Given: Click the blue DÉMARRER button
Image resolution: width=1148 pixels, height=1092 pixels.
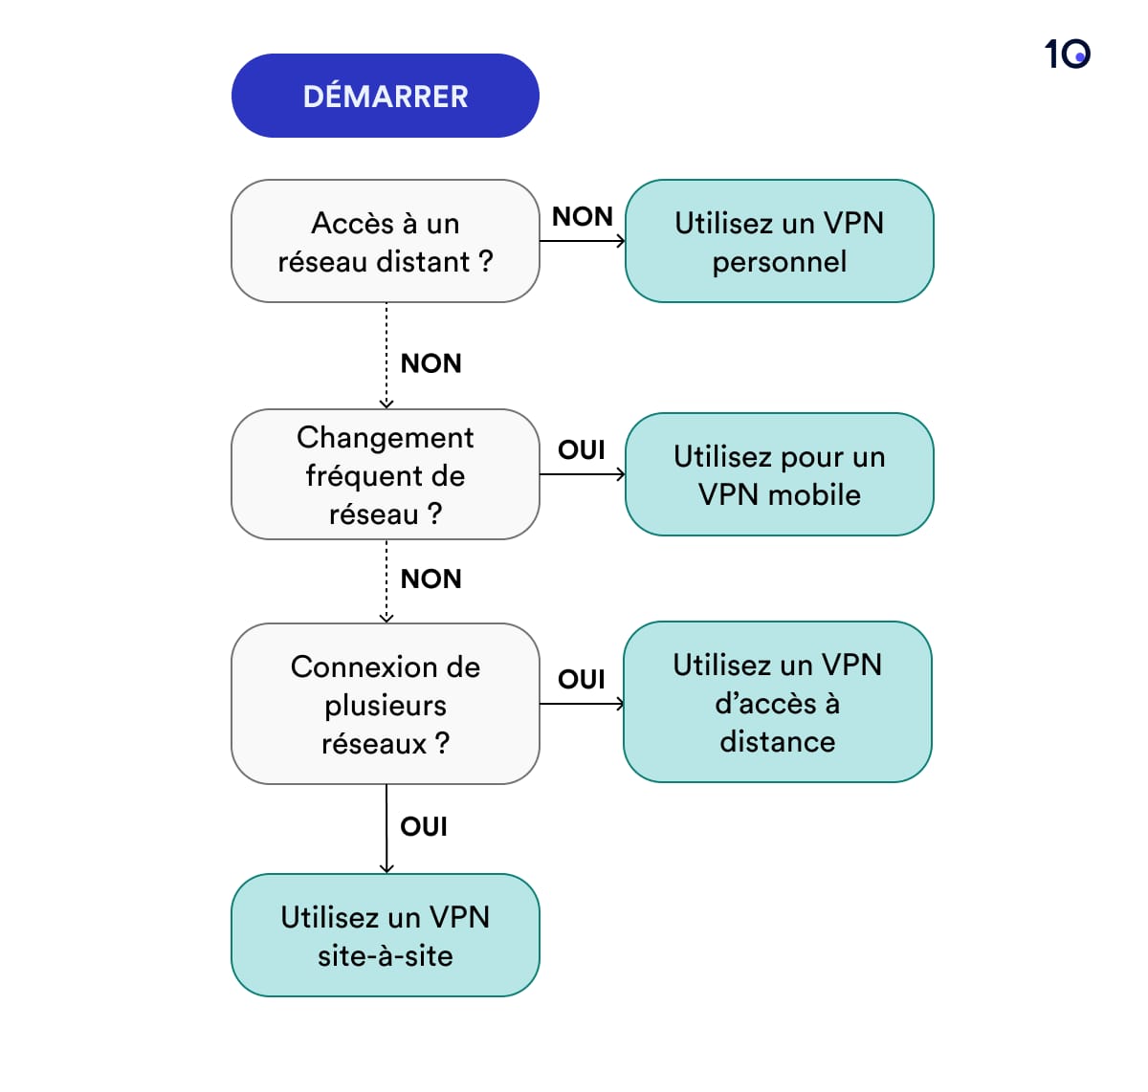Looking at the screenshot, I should pos(385,96).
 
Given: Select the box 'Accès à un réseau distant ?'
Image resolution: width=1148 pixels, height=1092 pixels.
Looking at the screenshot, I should pos(385,241).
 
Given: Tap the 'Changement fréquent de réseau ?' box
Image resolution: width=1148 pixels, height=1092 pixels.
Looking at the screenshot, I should pos(385,474).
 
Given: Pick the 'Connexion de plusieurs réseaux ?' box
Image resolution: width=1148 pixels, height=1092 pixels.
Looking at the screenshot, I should pos(385,704).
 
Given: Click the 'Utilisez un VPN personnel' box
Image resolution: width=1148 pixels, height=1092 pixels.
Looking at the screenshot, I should pos(779,241).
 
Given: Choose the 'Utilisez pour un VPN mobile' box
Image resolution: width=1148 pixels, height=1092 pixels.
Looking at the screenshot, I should pos(779,474).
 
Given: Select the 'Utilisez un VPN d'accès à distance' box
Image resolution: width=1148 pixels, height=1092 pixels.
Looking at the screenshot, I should pos(777,702).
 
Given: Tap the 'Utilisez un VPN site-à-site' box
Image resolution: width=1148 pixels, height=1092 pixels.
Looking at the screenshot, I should pos(385,935).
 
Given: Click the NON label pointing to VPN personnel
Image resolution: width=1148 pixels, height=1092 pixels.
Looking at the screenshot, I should pos(582,217).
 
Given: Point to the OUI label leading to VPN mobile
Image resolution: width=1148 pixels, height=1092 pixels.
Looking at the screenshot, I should pos(582,449).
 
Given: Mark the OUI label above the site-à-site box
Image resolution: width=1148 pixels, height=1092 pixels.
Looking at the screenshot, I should pos(424,826).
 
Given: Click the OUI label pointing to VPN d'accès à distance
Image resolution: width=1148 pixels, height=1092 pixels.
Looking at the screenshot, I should pos(582,679).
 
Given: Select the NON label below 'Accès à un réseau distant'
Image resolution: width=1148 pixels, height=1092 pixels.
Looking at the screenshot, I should pos(430,363).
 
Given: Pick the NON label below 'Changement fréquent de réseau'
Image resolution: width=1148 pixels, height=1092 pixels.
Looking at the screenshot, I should pos(430,579).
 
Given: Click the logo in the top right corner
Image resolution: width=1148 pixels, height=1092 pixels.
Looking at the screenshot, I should pos(1067,54).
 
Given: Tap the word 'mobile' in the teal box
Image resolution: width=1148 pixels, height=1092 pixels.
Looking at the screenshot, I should pos(813,494).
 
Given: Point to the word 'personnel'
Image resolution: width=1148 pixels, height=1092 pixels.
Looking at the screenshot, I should pos(779,261).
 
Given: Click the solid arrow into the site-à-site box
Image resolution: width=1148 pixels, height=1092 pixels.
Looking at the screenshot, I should pos(386,830).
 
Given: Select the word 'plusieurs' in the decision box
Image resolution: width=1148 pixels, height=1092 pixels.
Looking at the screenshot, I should pos(385,705).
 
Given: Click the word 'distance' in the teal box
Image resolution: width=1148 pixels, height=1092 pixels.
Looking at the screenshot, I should pos(777,741).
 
